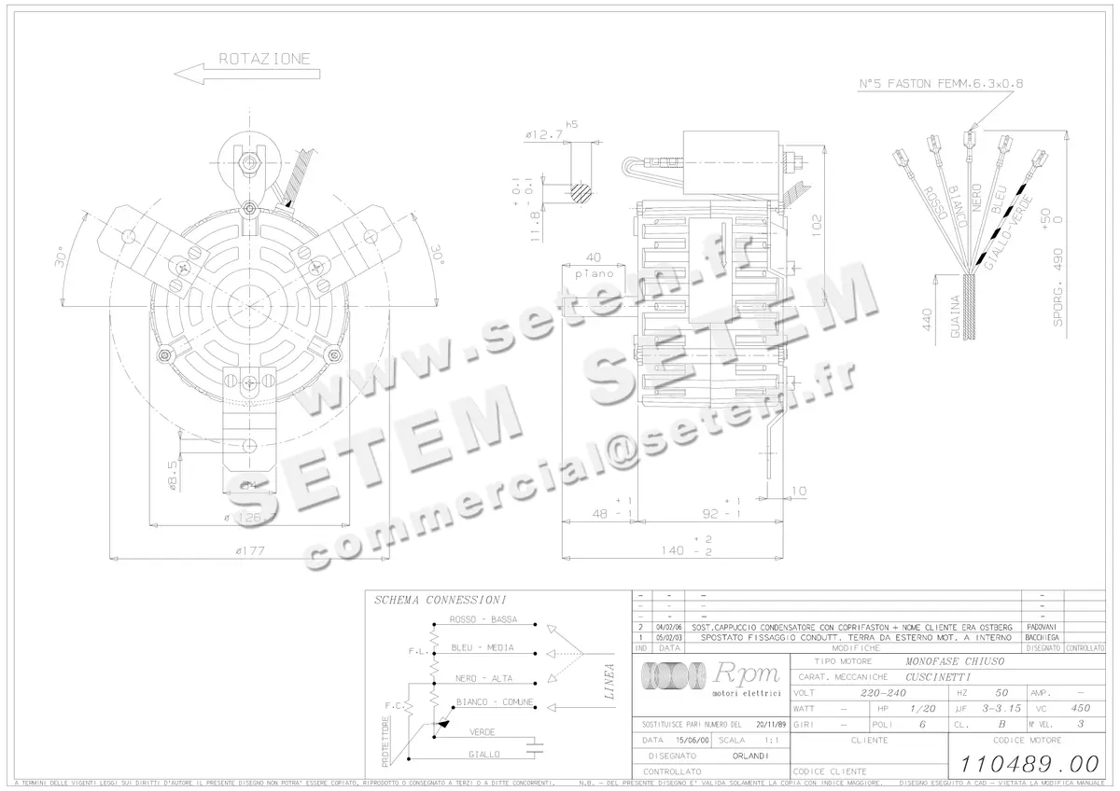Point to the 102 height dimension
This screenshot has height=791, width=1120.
click(817, 225)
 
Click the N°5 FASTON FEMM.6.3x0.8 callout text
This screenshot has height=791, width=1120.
click(940, 84)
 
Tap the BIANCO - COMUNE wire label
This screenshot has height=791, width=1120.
click(495, 701)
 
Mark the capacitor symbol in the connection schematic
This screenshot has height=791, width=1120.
click(535, 744)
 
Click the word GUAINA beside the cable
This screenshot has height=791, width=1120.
click(954, 318)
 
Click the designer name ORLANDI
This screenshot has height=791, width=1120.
click(749, 756)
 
